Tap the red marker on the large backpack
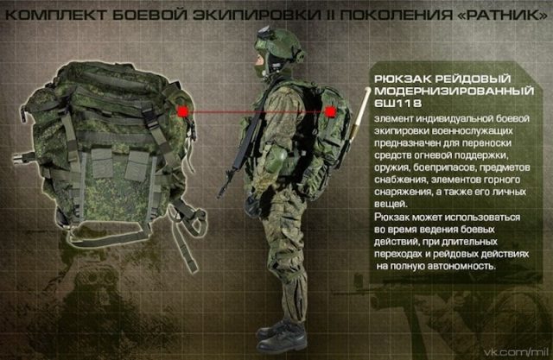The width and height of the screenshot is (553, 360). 183,111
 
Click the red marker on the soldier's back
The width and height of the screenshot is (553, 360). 331,111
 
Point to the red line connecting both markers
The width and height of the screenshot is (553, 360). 259,111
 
